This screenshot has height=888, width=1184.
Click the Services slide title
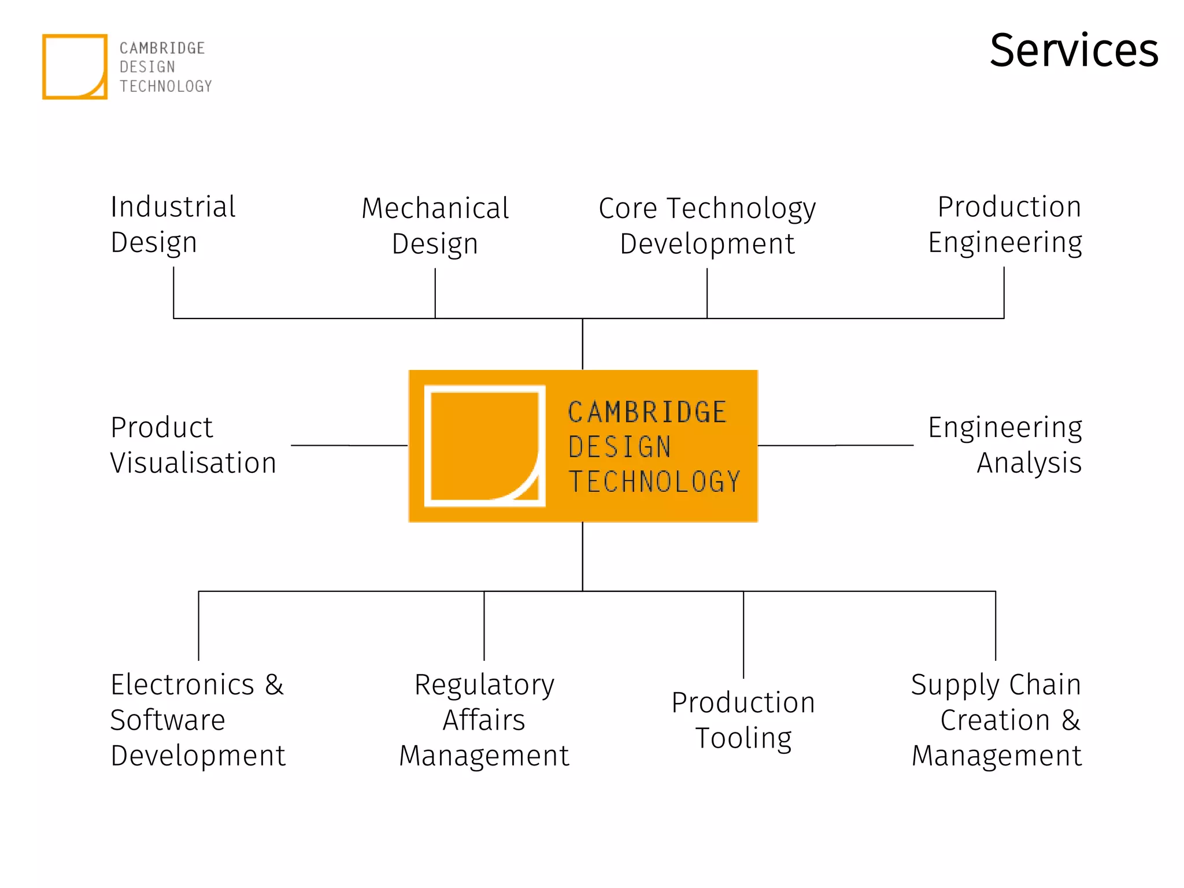[1074, 51]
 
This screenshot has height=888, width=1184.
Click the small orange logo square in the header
[75, 66]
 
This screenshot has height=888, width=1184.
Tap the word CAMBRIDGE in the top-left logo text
[162, 48]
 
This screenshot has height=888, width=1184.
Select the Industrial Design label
[172, 224]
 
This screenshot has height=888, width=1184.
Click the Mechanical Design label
[435, 225]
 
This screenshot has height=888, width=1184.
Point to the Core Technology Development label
[706, 225]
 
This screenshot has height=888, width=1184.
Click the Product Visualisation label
[193, 445]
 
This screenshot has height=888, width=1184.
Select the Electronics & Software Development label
[197, 720]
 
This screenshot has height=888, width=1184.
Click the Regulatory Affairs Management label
[484, 720]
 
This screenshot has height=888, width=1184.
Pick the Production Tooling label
[743, 720]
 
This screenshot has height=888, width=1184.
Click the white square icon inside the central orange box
[484, 446]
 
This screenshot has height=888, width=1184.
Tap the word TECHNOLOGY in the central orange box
[654, 482]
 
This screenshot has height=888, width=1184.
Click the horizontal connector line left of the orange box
[349, 445]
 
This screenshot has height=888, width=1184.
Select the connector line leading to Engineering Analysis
[835, 445]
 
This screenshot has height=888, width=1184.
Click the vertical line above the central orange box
[582, 344]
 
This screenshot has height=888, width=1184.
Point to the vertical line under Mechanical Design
[435, 293]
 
